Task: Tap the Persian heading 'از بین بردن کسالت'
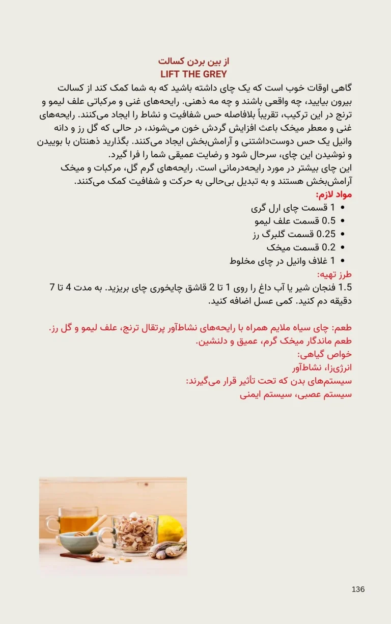pos(194,62)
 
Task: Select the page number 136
pos(358,589)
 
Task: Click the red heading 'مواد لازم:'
pos(334,195)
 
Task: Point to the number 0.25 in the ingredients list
pos(326,234)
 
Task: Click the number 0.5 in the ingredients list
pos(329,221)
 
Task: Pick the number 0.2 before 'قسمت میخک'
pos(329,247)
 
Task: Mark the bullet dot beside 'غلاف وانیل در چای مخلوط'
pos(342,261)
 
